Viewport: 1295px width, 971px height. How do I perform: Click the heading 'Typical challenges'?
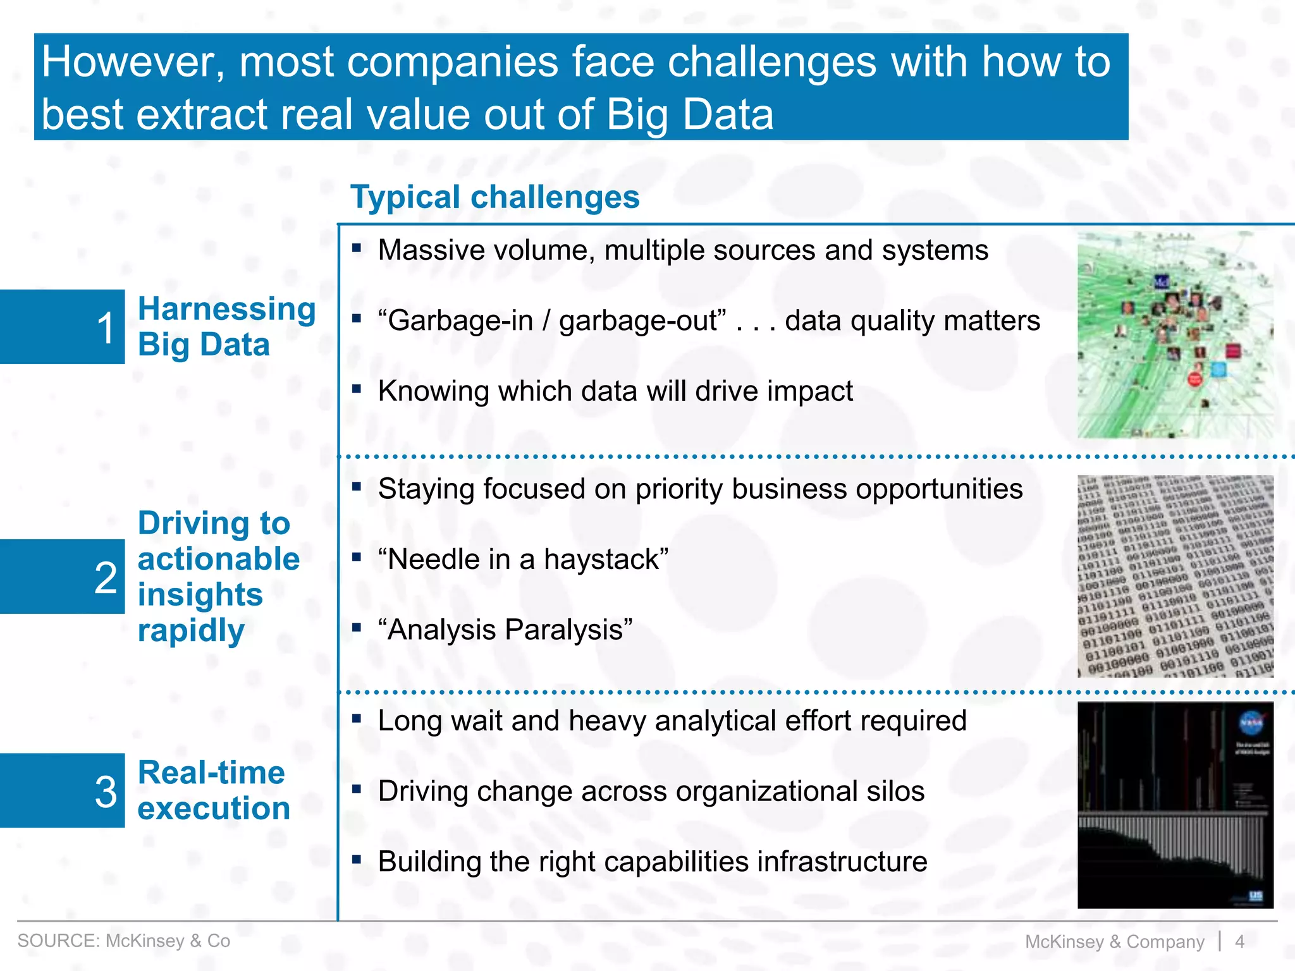pos(494,197)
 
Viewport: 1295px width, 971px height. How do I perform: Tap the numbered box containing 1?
pos(62,327)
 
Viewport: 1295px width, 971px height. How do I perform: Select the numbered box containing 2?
pos(62,577)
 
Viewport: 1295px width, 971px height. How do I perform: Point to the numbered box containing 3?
pos(62,790)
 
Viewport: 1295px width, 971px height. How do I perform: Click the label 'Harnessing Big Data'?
pos(226,327)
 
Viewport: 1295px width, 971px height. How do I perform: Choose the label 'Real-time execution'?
pos(213,790)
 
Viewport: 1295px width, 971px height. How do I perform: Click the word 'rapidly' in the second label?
pos(191,630)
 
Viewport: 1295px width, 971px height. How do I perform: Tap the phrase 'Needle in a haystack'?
pos(523,559)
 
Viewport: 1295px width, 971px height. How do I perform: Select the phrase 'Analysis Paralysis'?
pos(505,630)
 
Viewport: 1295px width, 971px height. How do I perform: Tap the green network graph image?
pos(1175,335)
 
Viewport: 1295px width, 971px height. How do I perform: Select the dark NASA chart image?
pos(1175,805)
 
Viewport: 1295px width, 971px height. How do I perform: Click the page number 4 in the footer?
pos(1239,941)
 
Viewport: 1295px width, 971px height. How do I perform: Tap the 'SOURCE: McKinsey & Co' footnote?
pos(124,941)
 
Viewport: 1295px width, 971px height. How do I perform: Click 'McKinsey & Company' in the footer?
pos(1114,941)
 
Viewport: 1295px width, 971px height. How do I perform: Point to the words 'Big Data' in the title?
pos(689,115)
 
